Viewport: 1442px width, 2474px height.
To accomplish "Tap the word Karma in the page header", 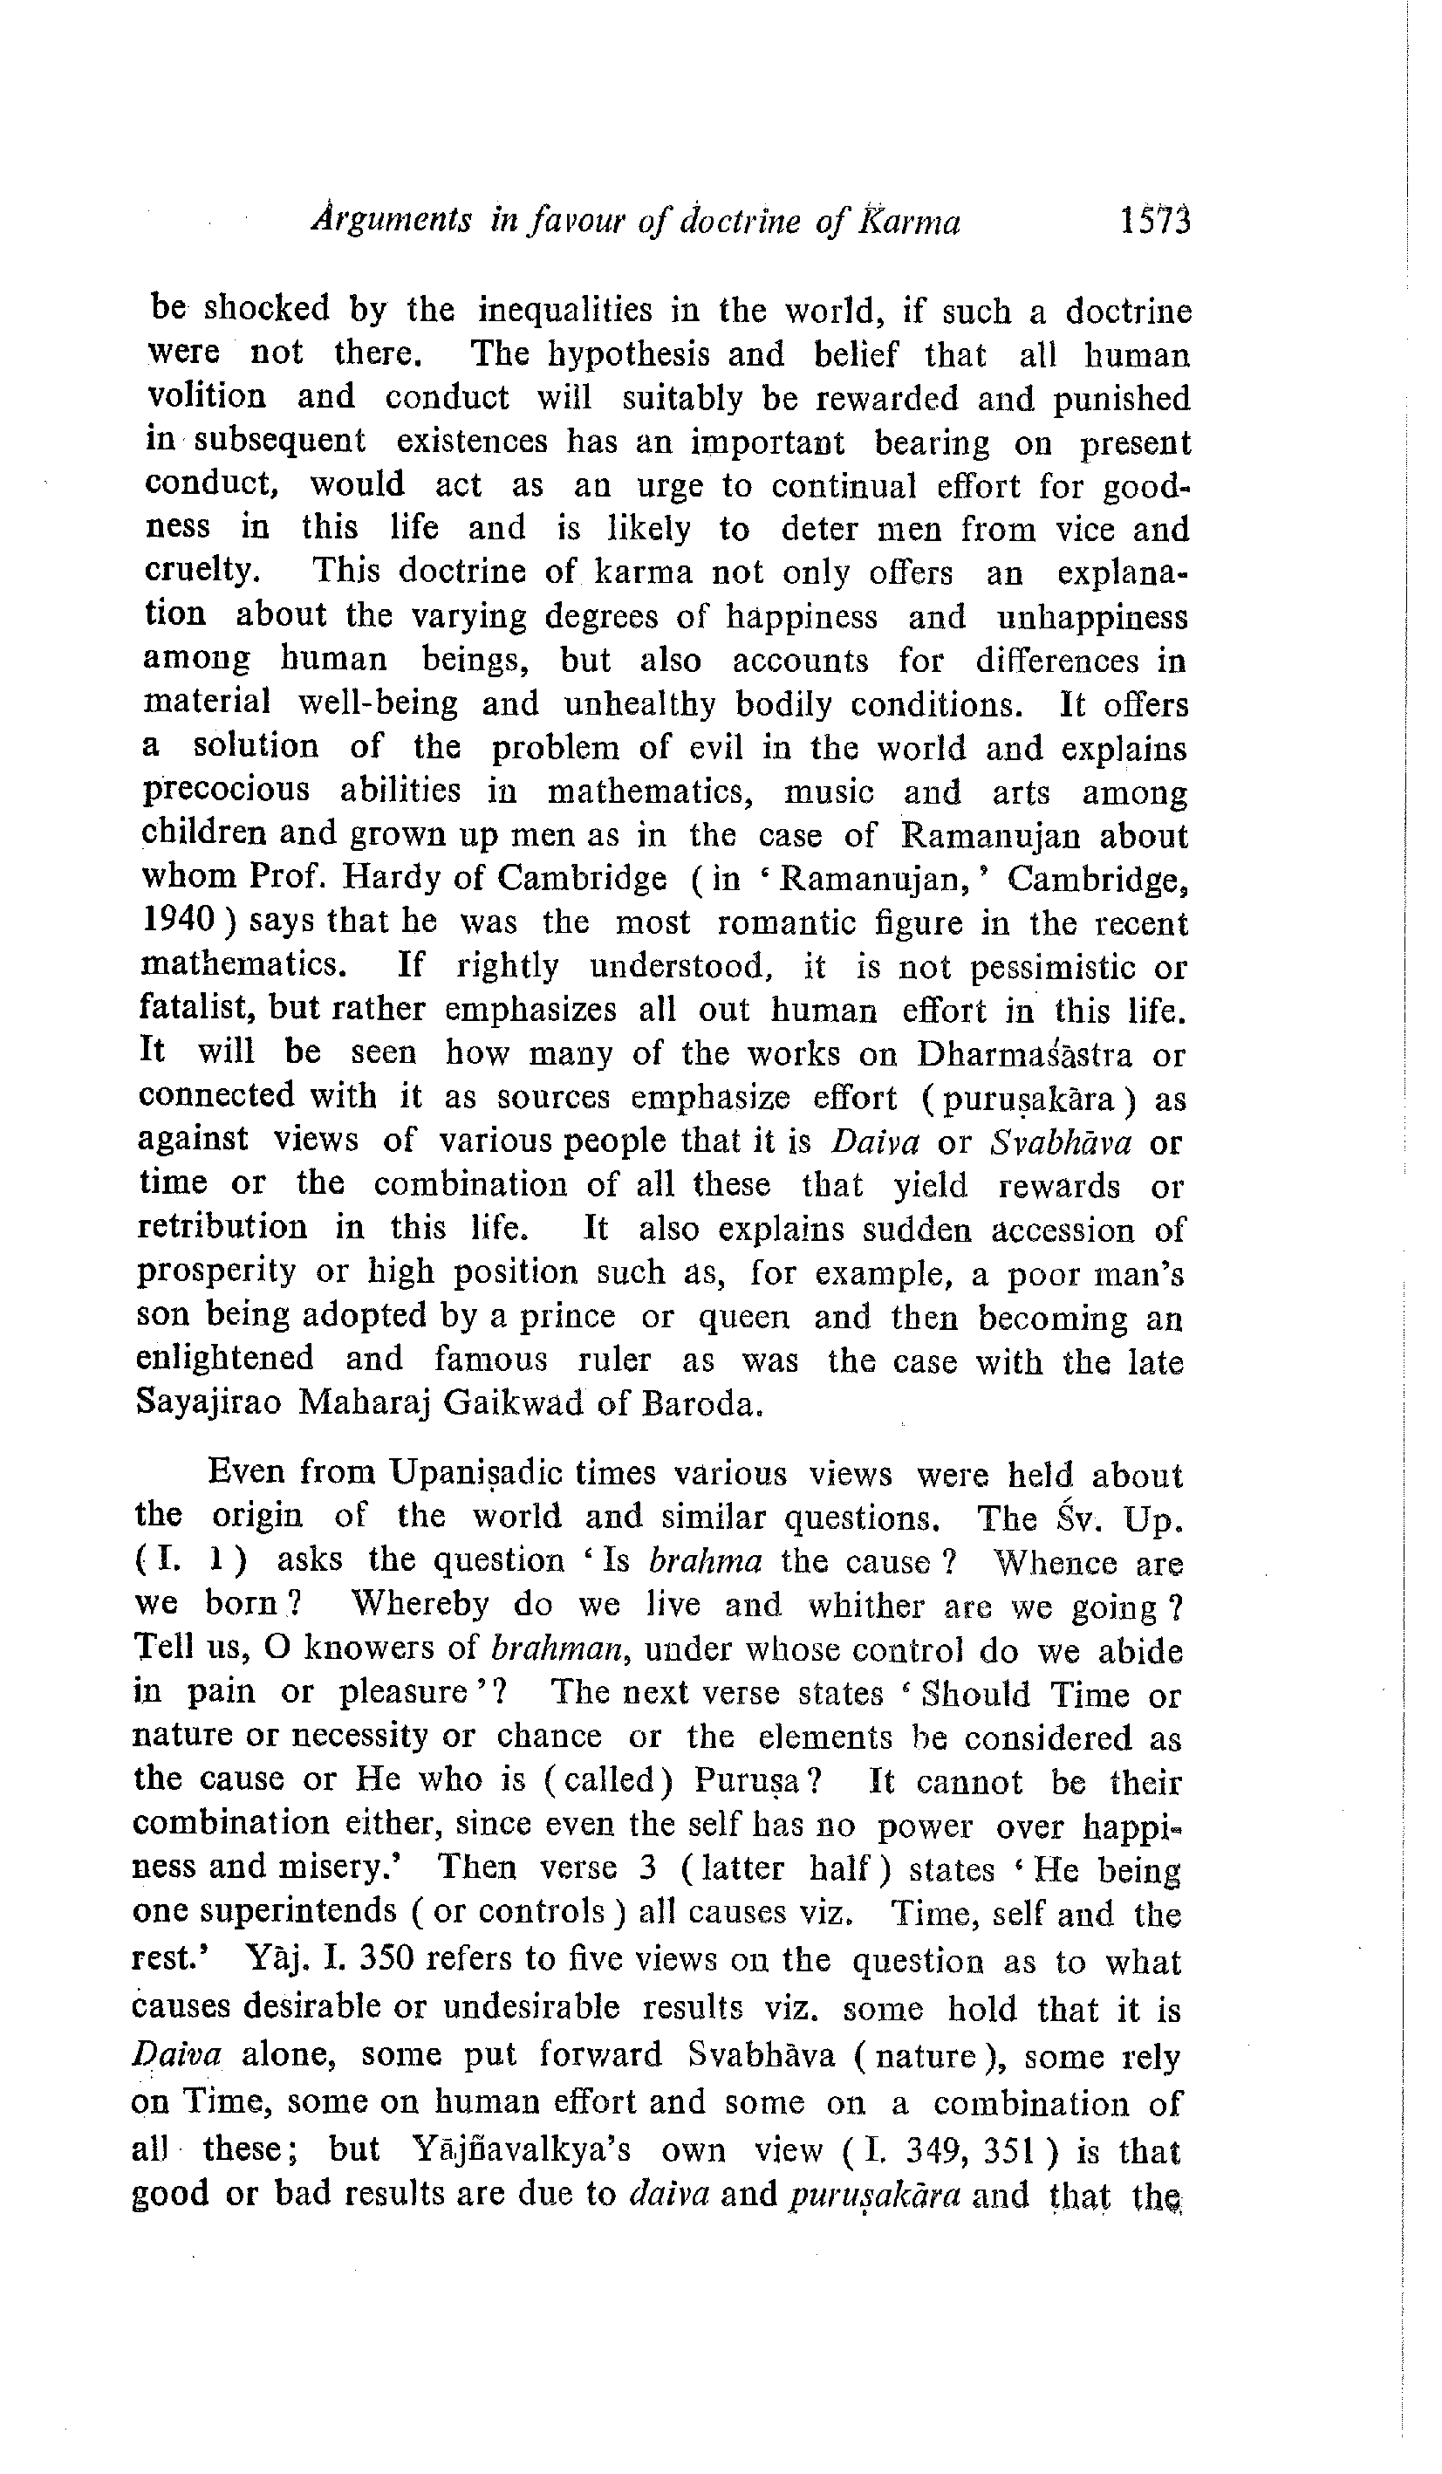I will [909, 223].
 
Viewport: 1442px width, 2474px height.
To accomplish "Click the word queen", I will [743, 1316].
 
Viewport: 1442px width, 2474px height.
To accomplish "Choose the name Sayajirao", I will [206, 1403].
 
